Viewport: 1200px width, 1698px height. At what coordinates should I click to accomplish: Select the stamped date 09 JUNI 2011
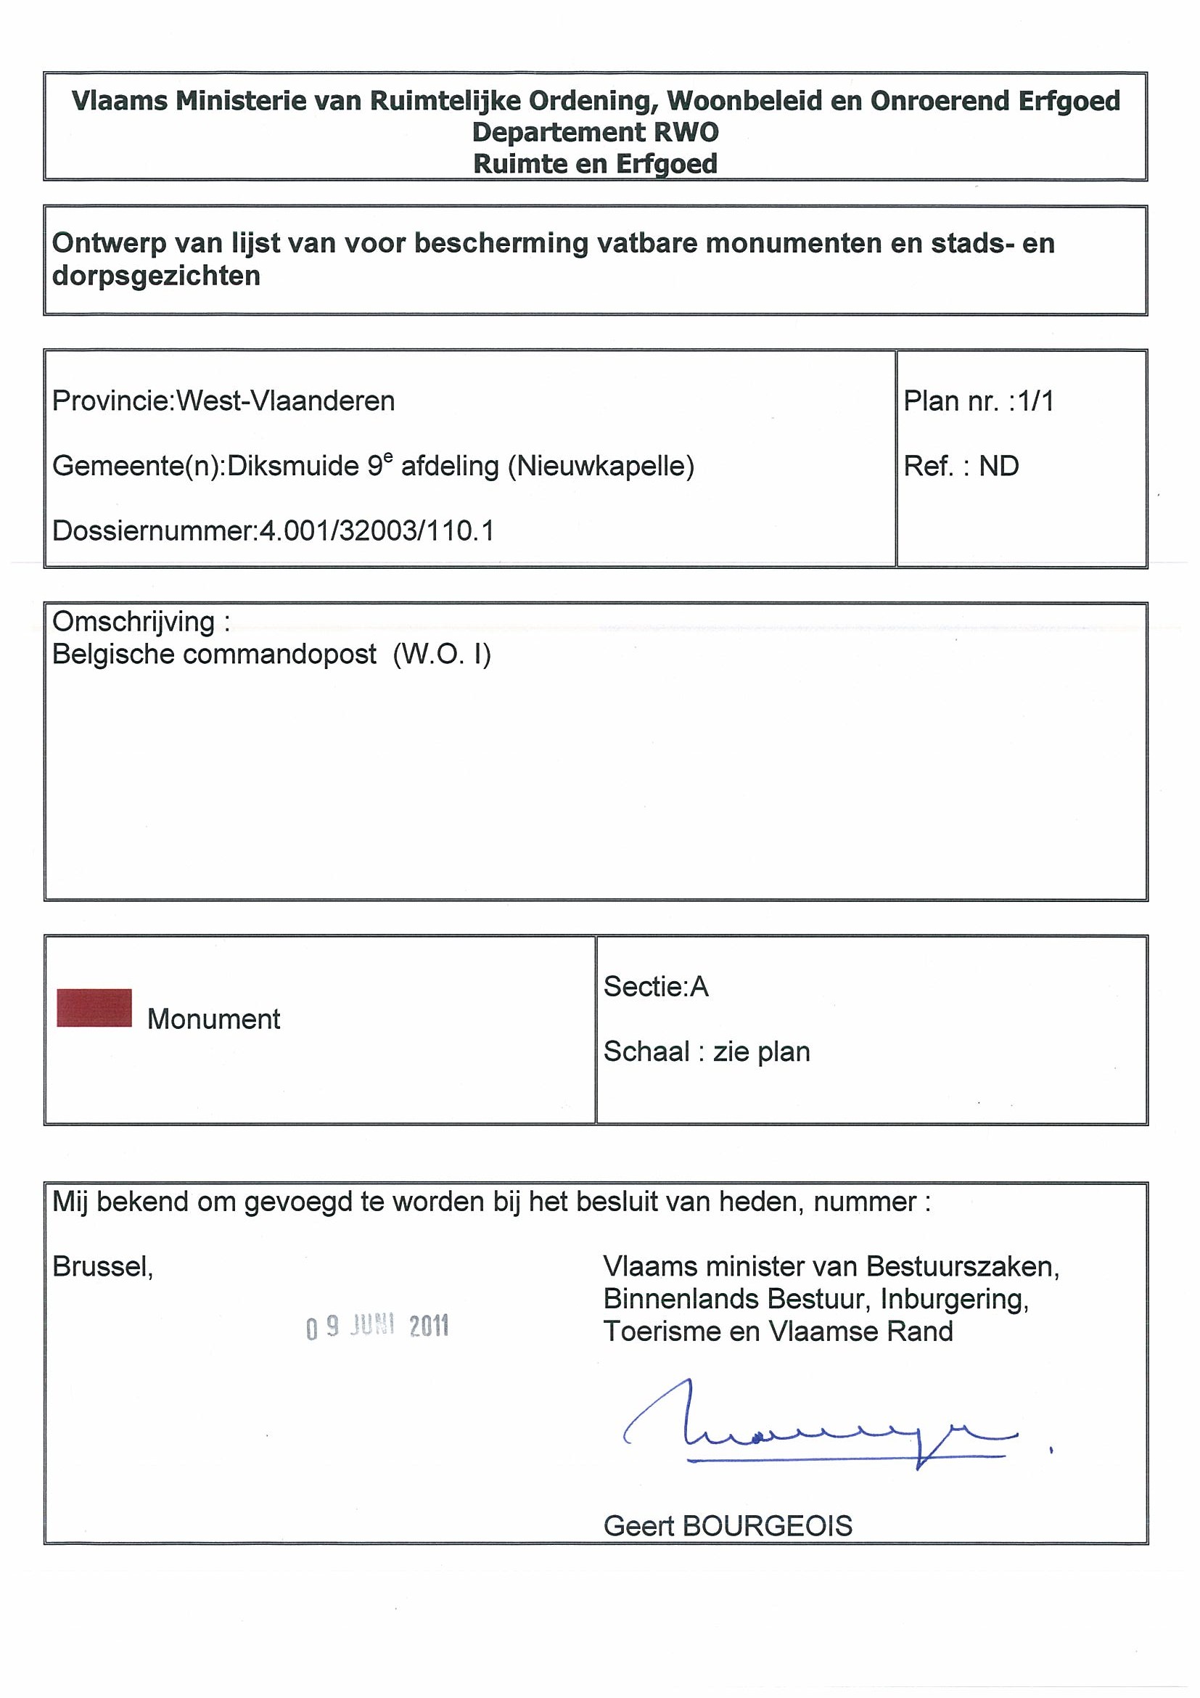click(377, 1327)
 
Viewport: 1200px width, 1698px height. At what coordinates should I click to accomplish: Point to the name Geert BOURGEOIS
click(728, 1525)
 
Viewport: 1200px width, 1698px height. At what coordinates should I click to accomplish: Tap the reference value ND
click(999, 466)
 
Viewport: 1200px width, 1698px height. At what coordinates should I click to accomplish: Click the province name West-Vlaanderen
click(285, 401)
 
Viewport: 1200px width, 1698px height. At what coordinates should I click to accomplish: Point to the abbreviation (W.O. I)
click(442, 655)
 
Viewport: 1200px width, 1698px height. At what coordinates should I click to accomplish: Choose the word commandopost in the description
click(279, 655)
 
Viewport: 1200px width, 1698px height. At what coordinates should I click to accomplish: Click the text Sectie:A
click(656, 987)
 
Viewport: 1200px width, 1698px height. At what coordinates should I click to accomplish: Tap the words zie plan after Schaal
click(762, 1051)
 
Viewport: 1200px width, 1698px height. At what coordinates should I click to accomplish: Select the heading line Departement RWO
click(595, 132)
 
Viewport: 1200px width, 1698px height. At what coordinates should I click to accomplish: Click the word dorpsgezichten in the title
click(156, 276)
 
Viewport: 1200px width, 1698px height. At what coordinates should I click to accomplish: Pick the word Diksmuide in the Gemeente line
click(294, 466)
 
